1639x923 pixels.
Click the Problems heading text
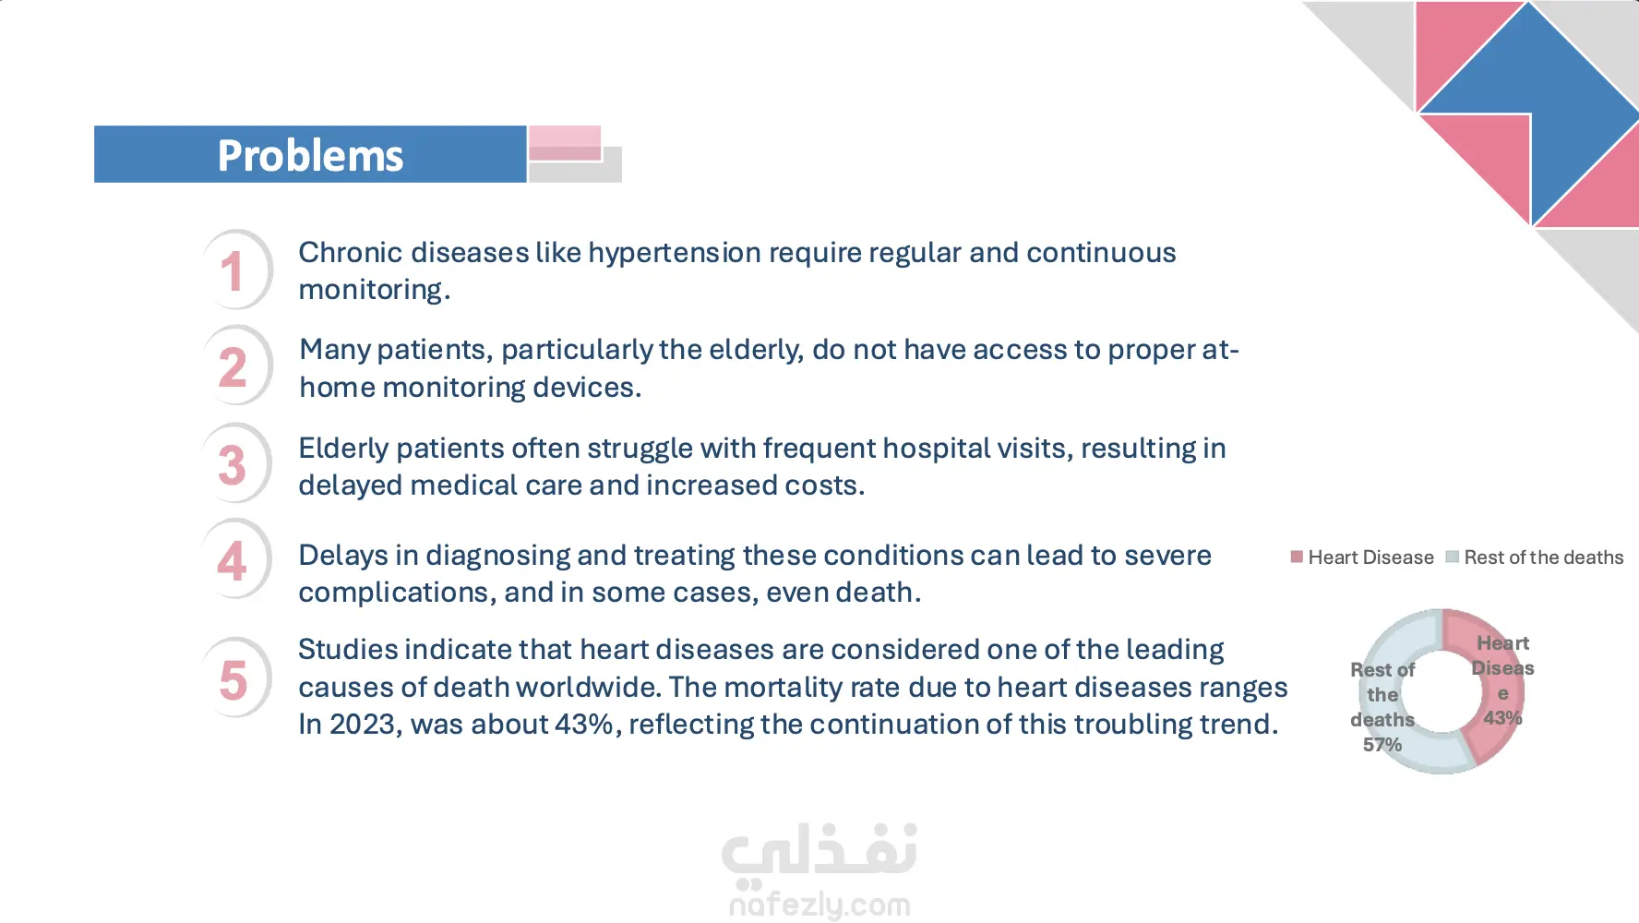(x=310, y=155)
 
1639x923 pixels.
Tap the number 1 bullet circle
(x=236, y=270)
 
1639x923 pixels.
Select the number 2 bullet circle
(x=236, y=366)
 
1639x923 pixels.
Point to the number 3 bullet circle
(x=236, y=463)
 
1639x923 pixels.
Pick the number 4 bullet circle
(x=236, y=559)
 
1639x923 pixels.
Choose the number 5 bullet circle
(x=236, y=677)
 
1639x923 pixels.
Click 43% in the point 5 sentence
(x=585, y=725)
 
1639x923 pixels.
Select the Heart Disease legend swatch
(x=1297, y=557)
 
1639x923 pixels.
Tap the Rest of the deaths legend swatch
(x=1452, y=557)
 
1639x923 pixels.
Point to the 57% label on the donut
(x=1382, y=745)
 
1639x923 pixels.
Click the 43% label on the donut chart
(x=1502, y=718)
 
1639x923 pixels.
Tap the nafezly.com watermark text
(x=819, y=905)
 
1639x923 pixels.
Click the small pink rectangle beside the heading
(x=565, y=143)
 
